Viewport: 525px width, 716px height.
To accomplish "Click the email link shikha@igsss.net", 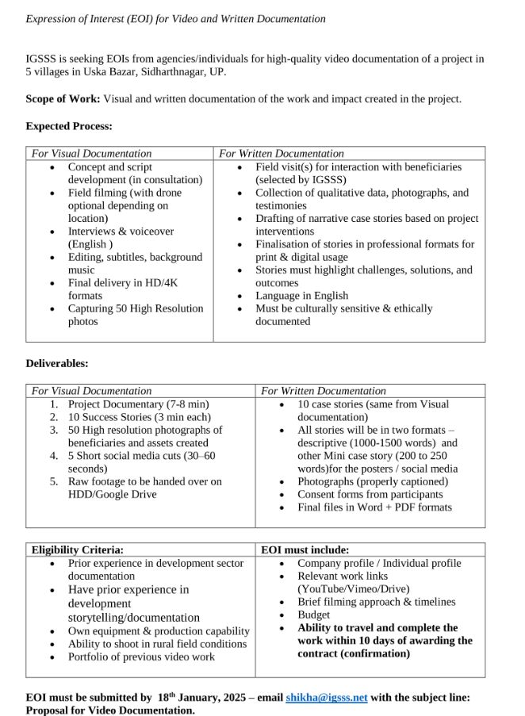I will click(x=326, y=698).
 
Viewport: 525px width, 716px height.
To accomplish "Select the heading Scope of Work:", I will click(x=63, y=99).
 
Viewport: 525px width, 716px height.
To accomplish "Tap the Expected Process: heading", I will click(x=69, y=126).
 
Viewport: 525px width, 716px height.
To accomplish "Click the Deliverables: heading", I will click(x=57, y=363).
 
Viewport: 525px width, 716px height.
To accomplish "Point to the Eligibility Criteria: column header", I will click(x=78, y=549).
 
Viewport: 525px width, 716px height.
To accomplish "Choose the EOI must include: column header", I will click(x=305, y=549).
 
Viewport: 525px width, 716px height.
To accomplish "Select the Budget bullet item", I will click(x=313, y=615).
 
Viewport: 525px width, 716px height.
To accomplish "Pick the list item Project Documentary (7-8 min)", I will click(x=138, y=404).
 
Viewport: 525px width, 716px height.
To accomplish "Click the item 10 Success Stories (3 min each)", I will click(x=140, y=417).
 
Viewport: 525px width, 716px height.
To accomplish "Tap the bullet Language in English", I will click(x=301, y=296).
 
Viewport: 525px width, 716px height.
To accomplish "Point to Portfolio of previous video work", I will click(x=141, y=657).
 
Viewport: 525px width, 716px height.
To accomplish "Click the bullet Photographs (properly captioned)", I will click(x=373, y=481).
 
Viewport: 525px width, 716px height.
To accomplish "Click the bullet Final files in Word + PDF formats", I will click(x=374, y=507).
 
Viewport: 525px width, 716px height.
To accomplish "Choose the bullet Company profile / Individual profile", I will click(x=379, y=563).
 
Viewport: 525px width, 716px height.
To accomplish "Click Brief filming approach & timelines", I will click(x=377, y=602).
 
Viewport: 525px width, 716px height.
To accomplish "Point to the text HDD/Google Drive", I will click(x=113, y=494).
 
